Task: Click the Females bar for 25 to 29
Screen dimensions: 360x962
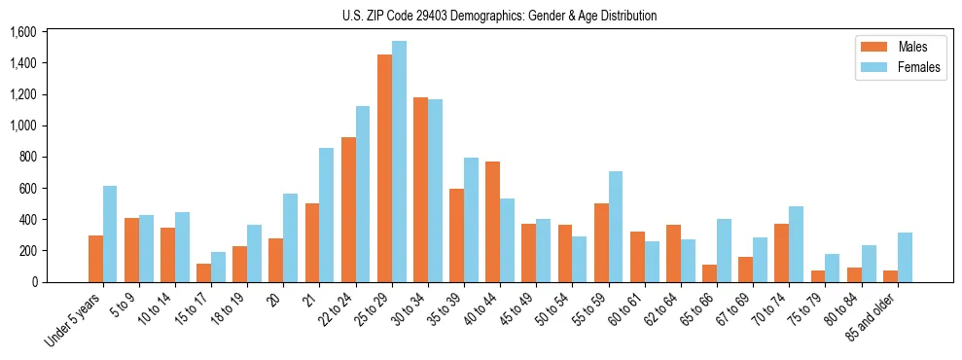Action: point(399,162)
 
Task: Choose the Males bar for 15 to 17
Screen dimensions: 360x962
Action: point(204,272)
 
